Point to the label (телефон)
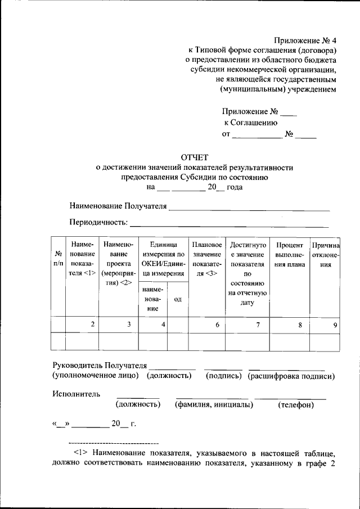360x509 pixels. point(295,405)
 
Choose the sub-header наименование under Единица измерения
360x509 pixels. point(153,299)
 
